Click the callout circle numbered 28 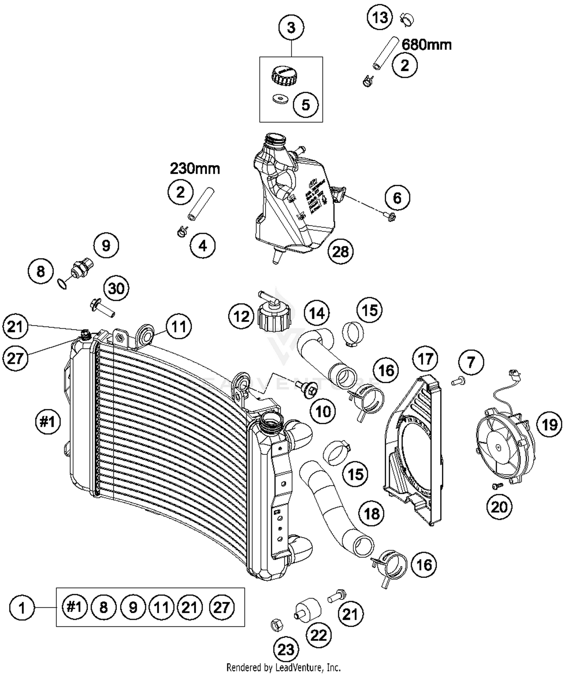[340, 251]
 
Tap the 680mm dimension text [426, 45]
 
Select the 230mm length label [195, 168]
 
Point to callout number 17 [425, 358]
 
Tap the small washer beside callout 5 [280, 100]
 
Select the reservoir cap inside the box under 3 [285, 73]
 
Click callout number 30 [116, 289]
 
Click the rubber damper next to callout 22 [307, 610]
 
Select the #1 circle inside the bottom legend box [74, 607]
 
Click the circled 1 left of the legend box [22, 608]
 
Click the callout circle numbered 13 [380, 17]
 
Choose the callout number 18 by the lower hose [371, 514]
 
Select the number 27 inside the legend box [222, 607]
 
